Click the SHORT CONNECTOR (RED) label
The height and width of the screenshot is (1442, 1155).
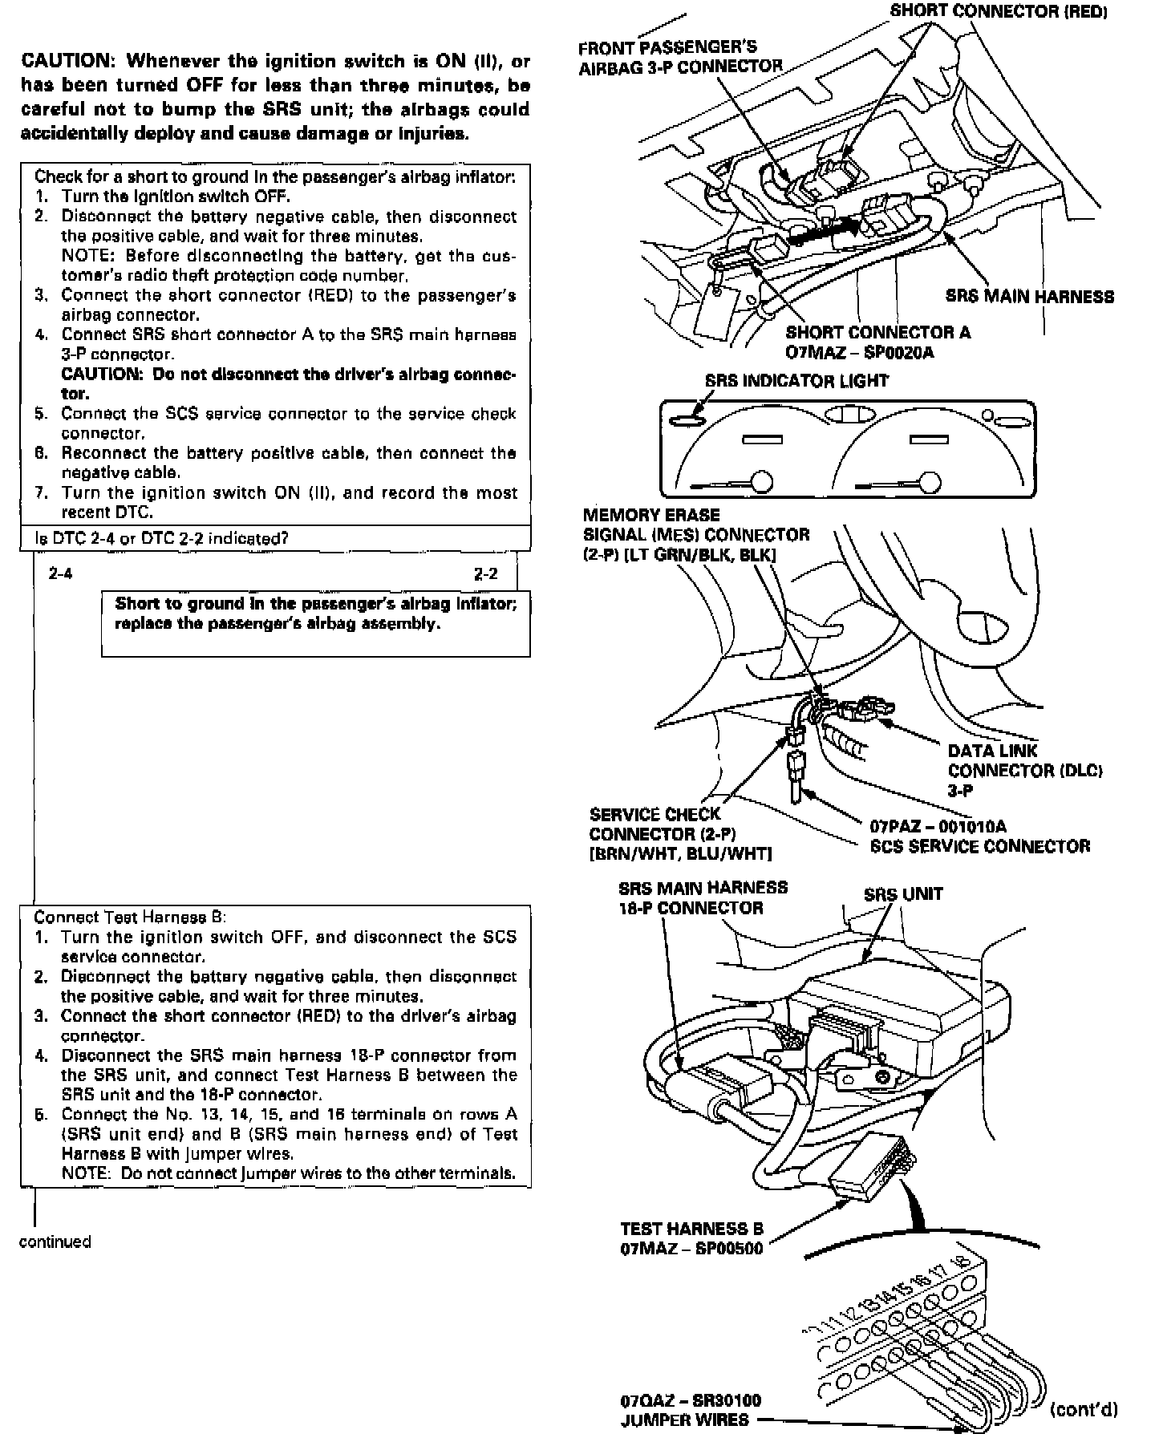tap(998, 11)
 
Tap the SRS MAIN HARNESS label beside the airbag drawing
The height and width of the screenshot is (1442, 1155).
tap(1029, 297)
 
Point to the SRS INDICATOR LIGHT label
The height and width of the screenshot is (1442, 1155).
tap(796, 381)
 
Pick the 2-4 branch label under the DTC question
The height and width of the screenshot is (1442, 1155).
tap(61, 573)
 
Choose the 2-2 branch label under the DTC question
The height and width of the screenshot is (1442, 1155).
tap(485, 573)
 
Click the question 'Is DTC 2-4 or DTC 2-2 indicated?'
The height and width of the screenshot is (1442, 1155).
tap(161, 538)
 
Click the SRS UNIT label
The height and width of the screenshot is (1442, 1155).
tap(902, 894)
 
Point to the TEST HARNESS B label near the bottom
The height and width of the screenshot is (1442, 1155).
tap(691, 1229)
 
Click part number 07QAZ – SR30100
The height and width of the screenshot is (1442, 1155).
tap(691, 1401)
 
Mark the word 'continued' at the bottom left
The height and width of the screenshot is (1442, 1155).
tap(55, 1242)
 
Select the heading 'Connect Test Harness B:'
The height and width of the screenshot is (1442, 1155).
tap(130, 917)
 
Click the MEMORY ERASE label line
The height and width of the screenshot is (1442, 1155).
tap(651, 515)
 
